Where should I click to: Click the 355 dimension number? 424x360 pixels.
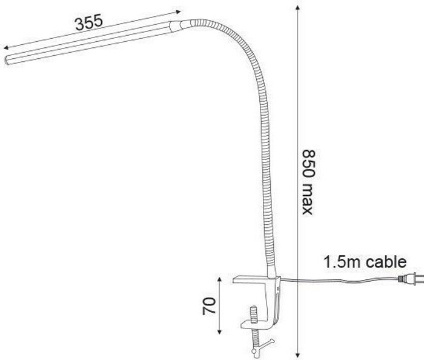tap(88, 23)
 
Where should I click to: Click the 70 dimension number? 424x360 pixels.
tap(208, 306)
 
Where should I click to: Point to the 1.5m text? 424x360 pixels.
tap(340, 262)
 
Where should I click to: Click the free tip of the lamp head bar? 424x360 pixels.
tap(7, 59)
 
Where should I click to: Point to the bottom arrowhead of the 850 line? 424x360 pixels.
tap(299, 355)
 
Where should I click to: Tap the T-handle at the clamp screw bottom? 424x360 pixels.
tap(255, 348)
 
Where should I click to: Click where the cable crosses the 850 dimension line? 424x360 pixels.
tap(299, 279)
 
